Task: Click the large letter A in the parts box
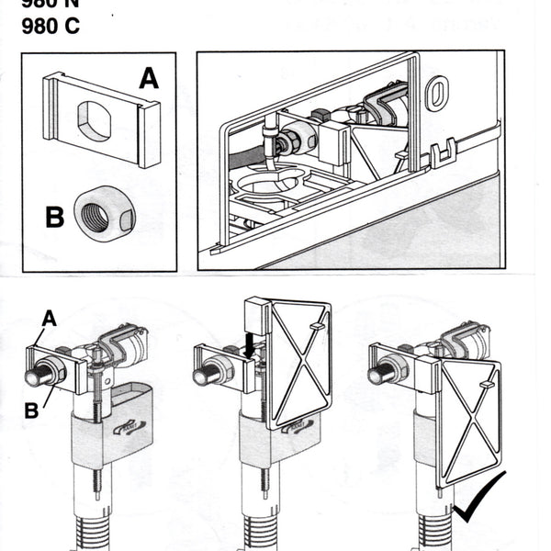[x=149, y=79]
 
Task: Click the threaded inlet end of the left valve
[x=36, y=375]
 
